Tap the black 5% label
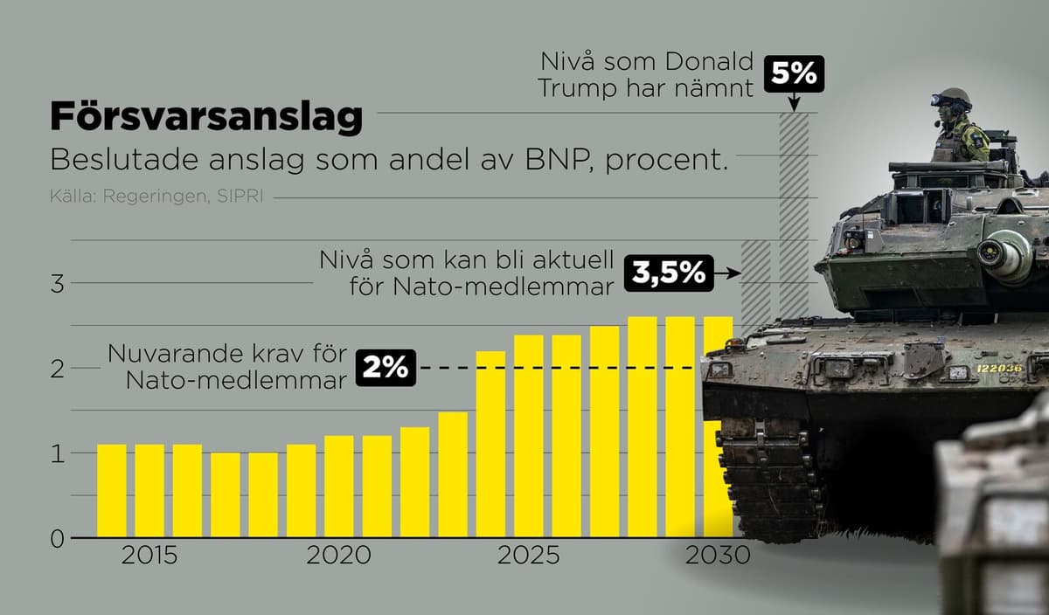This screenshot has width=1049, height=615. click(794, 74)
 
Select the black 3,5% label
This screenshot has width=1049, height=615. click(669, 273)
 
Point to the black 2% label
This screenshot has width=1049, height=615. click(386, 368)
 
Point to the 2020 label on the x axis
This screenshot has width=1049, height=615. click(338, 556)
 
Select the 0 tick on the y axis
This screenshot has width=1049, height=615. click(57, 539)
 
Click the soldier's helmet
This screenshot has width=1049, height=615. click(953, 96)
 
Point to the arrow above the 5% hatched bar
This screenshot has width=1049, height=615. click(794, 101)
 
